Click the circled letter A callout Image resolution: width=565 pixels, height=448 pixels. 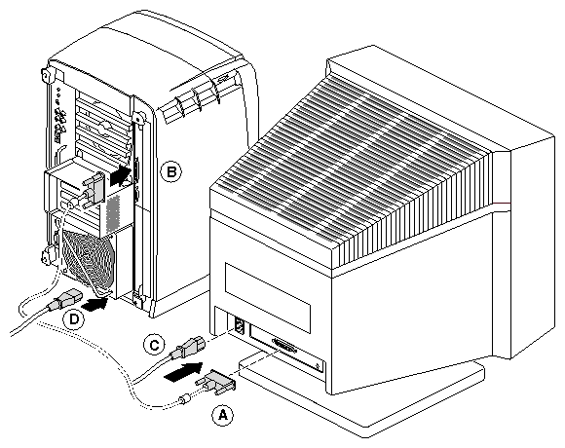222,415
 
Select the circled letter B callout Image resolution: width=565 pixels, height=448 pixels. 170,171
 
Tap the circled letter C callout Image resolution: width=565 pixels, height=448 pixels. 154,345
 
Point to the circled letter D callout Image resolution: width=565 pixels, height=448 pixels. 74,319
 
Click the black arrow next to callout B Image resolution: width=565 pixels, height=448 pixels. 120,176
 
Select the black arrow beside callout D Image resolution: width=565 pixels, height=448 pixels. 95,304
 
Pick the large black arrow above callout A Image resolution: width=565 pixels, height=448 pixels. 183,371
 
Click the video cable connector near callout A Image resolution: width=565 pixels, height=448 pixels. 216,382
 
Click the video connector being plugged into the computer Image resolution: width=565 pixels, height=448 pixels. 92,190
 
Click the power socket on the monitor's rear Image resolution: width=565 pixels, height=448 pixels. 239,325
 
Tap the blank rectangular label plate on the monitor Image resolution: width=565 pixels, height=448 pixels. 267,297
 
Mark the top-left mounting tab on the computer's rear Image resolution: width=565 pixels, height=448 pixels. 46,75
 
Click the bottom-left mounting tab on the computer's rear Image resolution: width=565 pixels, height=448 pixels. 47,256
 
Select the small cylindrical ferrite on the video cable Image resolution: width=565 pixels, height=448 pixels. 185,398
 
